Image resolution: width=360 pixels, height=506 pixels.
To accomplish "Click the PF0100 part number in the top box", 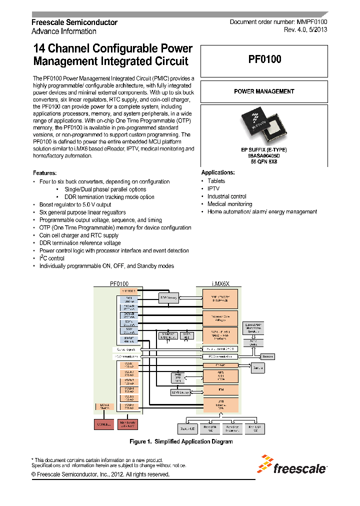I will [264, 59].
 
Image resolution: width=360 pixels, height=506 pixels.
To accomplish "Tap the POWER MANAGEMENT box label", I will [264, 91].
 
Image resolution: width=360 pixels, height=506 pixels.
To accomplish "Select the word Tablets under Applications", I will [216, 181].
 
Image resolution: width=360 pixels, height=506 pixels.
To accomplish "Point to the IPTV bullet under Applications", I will [213, 188].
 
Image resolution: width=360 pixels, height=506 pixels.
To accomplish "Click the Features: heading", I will [44, 173].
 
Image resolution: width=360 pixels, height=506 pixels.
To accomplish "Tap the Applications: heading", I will [218, 172].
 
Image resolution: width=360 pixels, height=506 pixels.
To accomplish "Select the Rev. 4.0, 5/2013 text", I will [305, 31].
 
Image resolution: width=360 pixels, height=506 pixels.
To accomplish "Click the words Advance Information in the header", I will [64, 31].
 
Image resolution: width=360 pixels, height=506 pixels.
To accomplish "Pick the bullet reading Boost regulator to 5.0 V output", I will [75, 204].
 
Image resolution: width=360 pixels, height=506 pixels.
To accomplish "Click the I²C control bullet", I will [51, 258].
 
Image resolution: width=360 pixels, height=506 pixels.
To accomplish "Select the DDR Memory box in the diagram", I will [168, 298].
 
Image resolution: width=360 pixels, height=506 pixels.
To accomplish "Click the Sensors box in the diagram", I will [267, 356].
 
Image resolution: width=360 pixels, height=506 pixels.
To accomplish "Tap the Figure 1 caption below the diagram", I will [180, 441].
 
